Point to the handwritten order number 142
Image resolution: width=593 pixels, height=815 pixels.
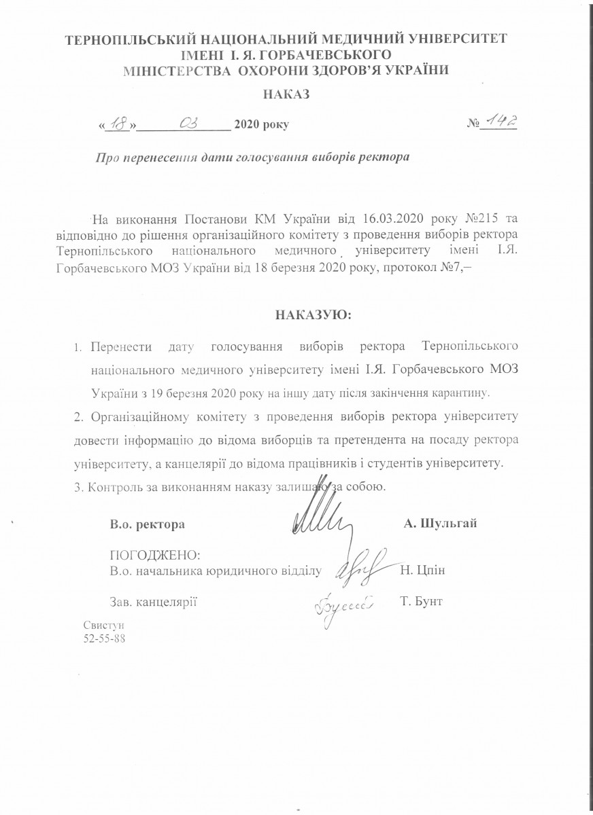501,123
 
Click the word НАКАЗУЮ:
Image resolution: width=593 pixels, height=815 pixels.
314,316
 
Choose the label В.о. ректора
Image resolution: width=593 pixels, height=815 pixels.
147,524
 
